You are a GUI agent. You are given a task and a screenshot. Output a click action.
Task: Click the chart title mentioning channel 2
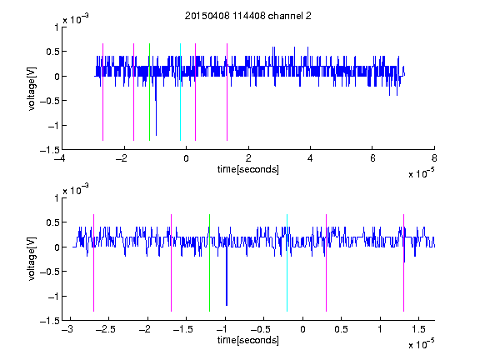click(248, 16)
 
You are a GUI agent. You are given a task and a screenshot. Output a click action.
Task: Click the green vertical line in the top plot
click(149, 92)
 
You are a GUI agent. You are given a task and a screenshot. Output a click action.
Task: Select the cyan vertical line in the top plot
click(180, 92)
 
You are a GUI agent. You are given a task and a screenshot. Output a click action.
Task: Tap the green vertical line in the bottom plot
click(209, 263)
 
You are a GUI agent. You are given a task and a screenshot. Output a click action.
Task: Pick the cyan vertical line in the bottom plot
click(287, 263)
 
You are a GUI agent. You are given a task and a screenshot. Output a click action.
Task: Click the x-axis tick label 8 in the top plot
click(434, 158)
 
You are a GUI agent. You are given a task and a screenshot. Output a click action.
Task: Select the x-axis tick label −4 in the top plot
click(60, 158)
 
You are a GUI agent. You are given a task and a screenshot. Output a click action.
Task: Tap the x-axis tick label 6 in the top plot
click(372, 158)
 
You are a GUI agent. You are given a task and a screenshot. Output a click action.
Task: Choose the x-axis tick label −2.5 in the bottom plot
click(105, 329)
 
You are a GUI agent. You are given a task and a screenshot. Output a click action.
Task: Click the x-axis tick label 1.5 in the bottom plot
click(418, 329)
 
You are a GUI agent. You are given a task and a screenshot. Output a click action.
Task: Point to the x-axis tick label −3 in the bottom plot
click(67, 329)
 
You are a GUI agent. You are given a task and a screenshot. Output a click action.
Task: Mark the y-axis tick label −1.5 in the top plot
click(50, 150)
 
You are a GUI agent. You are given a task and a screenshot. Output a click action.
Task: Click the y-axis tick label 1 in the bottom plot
click(57, 198)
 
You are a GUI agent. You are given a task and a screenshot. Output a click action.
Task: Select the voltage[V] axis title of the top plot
click(32, 88)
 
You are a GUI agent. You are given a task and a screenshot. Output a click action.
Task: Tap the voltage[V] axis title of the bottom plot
click(32, 259)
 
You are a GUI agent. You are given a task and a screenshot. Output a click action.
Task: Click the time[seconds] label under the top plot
click(248, 169)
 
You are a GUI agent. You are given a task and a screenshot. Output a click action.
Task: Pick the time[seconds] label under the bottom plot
click(248, 340)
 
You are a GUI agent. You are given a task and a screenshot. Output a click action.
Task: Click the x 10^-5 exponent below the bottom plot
click(422, 344)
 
